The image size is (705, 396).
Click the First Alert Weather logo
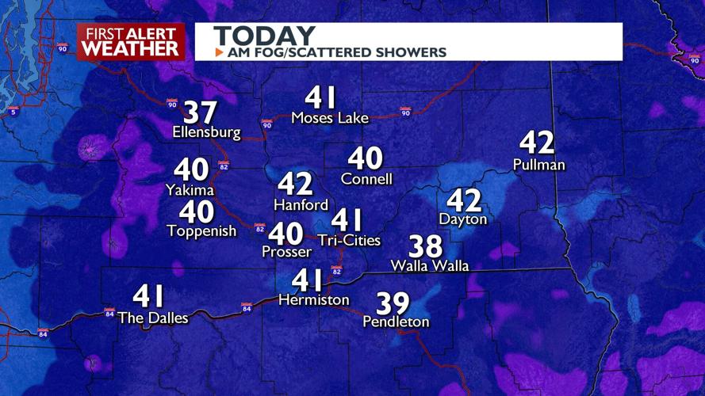pos(131,41)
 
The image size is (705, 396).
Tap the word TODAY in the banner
pos(264,36)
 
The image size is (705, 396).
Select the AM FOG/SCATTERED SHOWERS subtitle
pos(336,52)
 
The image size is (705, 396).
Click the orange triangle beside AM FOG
pos(219,52)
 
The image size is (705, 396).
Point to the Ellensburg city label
pos(206,133)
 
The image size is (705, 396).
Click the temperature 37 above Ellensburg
pos(201,112)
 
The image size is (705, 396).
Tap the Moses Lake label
pos(330,119)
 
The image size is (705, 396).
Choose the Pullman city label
pos(538,165)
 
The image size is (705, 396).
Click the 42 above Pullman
pos(537,143)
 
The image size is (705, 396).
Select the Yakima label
pos(190,189)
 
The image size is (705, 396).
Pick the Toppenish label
pos(201,231)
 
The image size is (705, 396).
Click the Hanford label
pos(301,204)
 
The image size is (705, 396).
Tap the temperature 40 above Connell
pos(366,158)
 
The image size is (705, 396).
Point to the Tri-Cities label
pos(349,240)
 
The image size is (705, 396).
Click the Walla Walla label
pos(430,266)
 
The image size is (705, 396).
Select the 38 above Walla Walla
pos(426,246)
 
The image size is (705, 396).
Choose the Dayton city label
pos(462,219)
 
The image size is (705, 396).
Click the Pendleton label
pos(396,322)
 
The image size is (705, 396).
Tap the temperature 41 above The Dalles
pos(149,297)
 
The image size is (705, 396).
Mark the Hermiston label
pos(313,300)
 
